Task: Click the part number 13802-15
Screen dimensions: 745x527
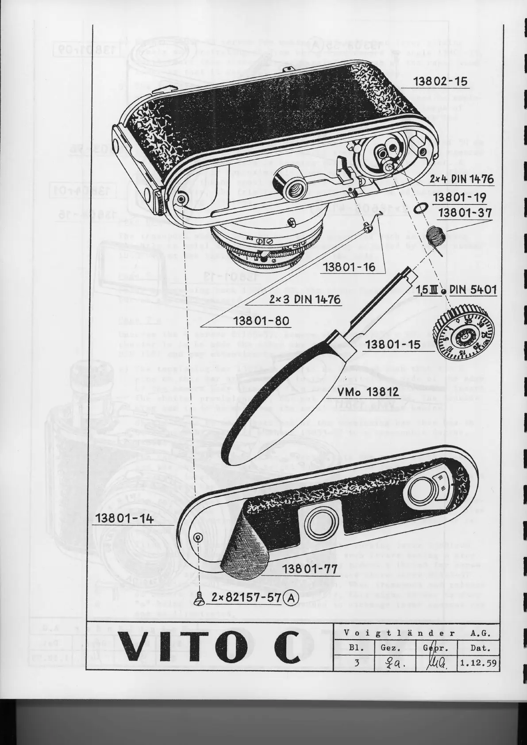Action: (440, 82)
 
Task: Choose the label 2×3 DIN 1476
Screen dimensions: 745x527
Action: (305, 299)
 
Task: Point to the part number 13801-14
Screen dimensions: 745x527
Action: (123, 518)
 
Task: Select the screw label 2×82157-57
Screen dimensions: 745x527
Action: (246, 598)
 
